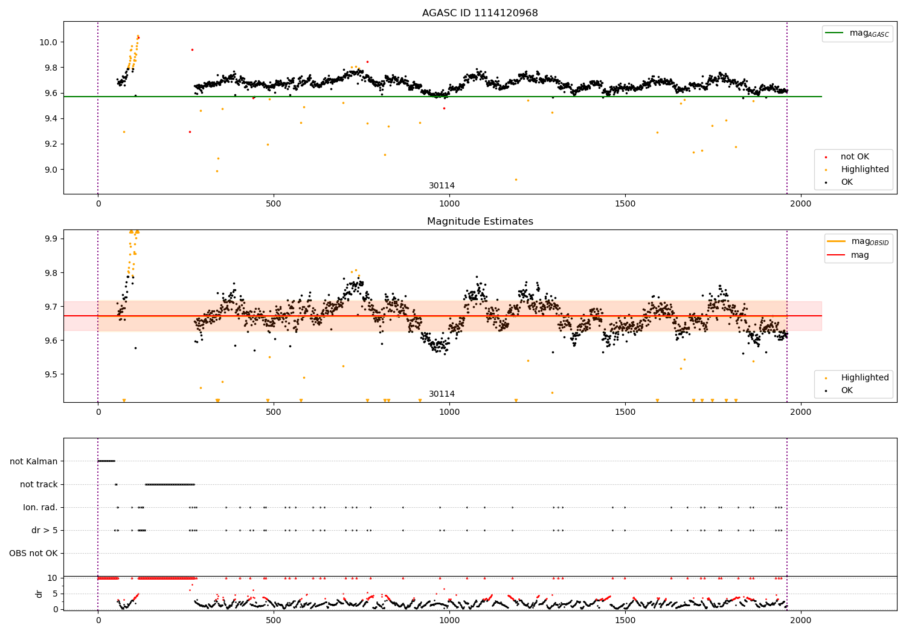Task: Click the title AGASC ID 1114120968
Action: tap(480, 13)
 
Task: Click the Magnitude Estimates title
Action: tap(480, 222)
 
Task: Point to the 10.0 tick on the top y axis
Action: tap(49, 42)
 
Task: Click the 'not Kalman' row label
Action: tap(34, 461)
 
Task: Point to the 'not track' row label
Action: tap(39, 484)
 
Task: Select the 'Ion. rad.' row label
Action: tap(40, 507)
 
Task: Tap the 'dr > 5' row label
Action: tap(44, 530)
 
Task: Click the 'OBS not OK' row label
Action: tap(33, 553)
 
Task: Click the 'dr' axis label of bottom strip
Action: tap(39, 594)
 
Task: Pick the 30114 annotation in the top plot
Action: tap(442, 186)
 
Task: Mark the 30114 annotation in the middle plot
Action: tap(442, 394)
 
